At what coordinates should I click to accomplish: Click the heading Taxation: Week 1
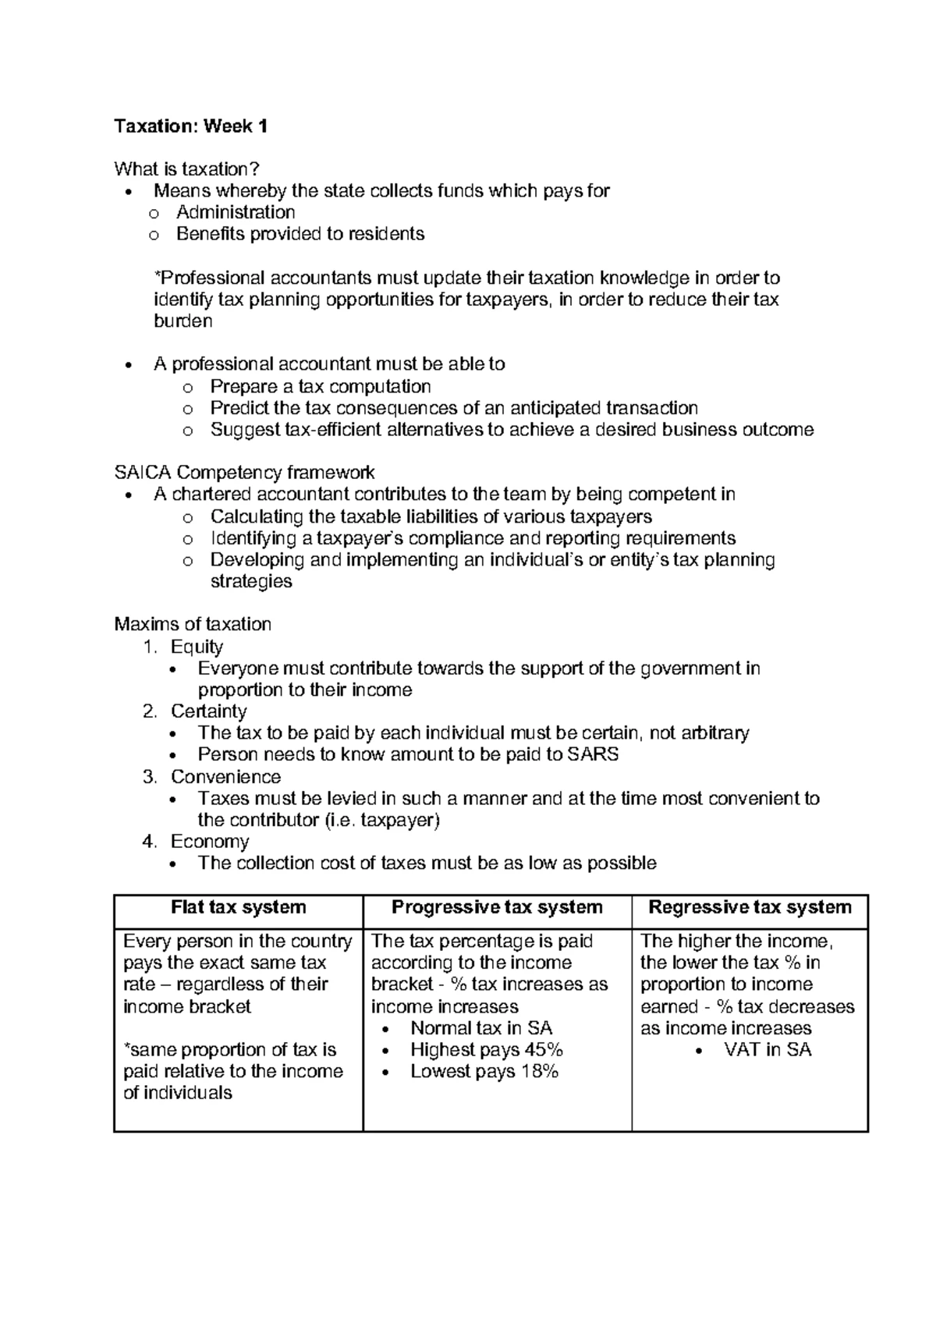coord(191,126)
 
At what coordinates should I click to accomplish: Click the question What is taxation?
coord(186,169)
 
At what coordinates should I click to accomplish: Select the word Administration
coord(236,212)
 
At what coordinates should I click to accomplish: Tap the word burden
coord(183,321)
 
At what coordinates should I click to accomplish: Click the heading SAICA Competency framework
coord(244,473)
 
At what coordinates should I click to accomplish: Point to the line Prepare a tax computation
coord(320,387)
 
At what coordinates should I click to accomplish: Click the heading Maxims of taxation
coord(193,624)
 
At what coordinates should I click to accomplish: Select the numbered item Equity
coord(197,647)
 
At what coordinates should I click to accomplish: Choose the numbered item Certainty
coord(208,711)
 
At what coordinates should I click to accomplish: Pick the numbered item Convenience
coord(225,777)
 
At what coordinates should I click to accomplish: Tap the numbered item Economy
coord(210,842)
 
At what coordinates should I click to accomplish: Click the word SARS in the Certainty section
coord(593,754)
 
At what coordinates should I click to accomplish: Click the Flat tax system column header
coord(239,907)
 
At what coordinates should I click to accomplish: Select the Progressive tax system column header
coord(497,907)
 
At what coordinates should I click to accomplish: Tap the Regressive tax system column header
coord(750,907)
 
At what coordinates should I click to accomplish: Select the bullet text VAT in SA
coord(768,1050)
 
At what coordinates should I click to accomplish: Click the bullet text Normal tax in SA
coord(481,1028)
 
